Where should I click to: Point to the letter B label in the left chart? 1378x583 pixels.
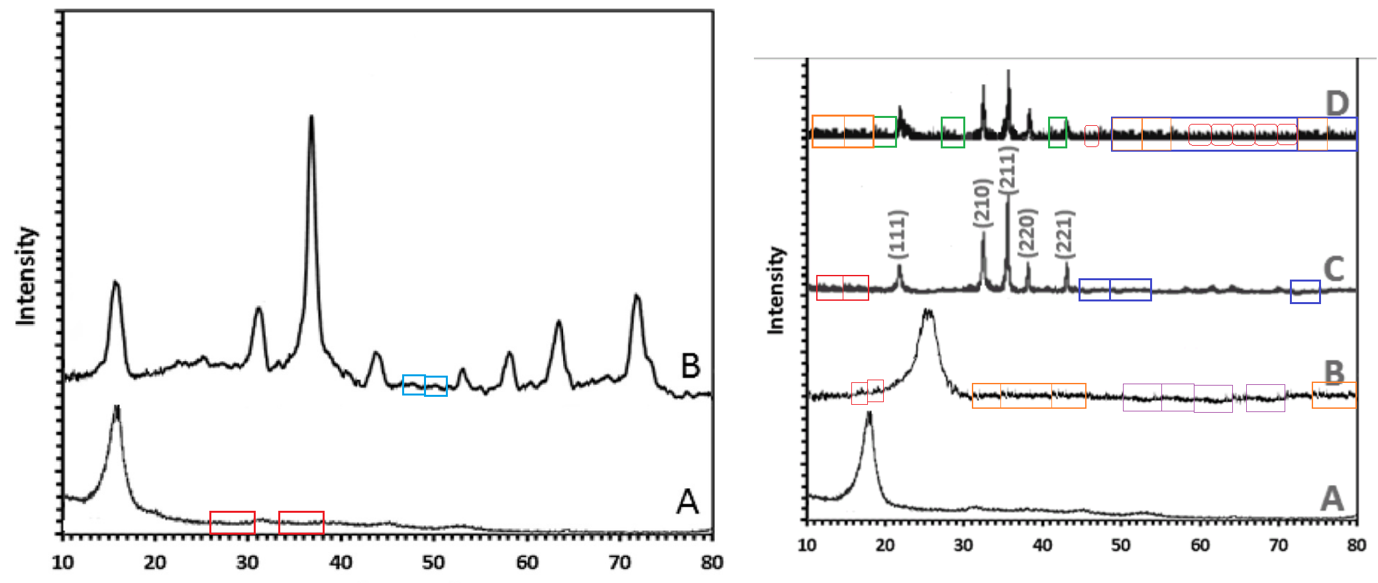point(690,366)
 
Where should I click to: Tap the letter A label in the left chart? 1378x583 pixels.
point(687,502)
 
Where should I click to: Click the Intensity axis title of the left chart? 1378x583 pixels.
point(26,276)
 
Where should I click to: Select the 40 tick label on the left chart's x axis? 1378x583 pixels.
point(341,562)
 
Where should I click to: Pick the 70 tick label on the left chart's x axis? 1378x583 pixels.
point(619,562)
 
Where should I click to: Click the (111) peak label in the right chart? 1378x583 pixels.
point(898,234)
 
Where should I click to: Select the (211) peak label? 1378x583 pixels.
point(1007,170)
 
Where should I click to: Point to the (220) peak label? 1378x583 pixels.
point(1027,233)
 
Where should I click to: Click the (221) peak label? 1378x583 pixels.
point(1065,234)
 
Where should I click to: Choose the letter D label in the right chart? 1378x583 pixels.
point(1337,103)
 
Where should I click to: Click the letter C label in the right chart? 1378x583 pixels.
point(1333,269)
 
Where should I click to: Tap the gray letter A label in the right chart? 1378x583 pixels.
point(1332,498)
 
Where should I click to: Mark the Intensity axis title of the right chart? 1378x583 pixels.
point(775,290)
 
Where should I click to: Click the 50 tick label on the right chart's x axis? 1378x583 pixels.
point(1120,545)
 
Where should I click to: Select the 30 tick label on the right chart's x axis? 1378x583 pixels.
point(963,545)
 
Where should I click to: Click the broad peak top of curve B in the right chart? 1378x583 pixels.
point(928,311)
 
